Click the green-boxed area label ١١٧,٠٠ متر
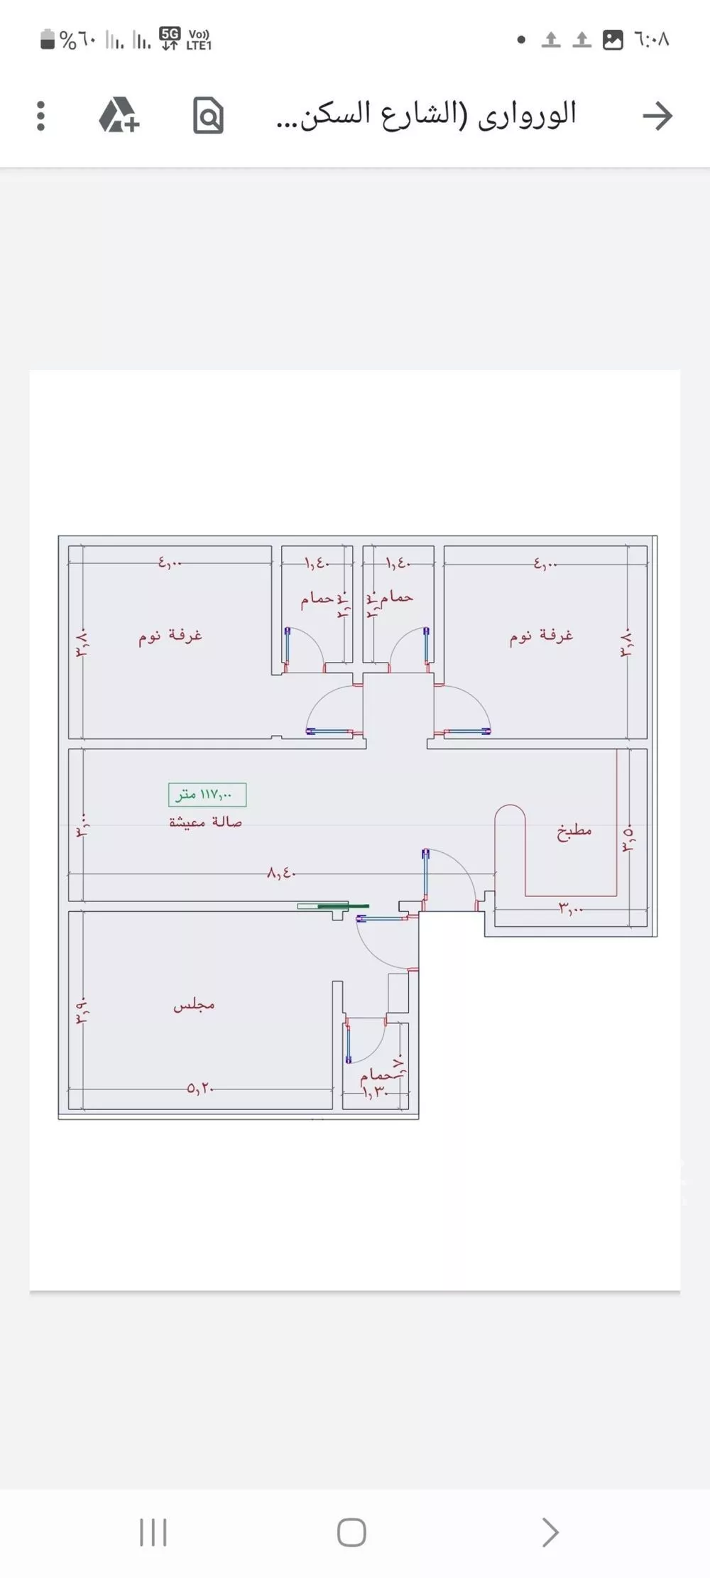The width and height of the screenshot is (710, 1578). pos(207,795)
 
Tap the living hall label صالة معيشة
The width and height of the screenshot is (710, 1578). pos(205,822)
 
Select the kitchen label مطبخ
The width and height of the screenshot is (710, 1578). pos(574,830)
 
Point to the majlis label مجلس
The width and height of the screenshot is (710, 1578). pos(194,1004)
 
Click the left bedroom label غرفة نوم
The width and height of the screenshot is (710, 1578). pos(170,635)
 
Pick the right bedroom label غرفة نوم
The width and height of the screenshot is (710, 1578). pos(541,635)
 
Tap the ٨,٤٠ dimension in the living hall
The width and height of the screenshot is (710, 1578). pos(281,873)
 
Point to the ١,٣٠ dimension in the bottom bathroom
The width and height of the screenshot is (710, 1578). pos(376,1092)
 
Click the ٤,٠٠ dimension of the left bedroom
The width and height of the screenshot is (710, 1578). pos(170,563)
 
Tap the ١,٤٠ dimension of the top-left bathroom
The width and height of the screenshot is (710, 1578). pos(317,563)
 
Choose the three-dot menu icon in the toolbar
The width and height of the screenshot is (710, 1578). pos(40,116)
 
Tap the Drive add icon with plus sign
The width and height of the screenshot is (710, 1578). pos(119,116)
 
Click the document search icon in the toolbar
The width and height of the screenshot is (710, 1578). pos(208,116)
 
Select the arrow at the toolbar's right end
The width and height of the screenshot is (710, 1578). pos(657,116)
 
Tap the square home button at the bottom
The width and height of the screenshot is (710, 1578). pos(351,1532)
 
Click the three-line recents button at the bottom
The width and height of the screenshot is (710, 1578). pos(153,1532)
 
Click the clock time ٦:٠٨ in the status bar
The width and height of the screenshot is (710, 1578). pos(652,39)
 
